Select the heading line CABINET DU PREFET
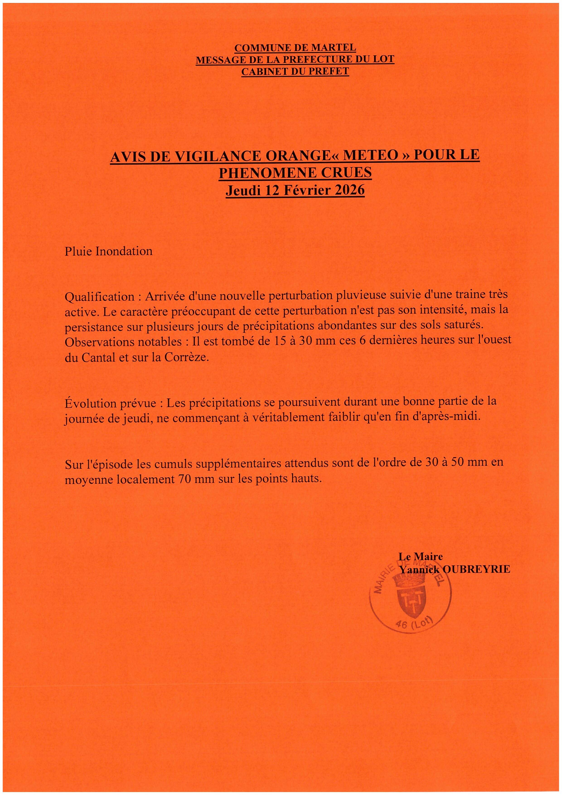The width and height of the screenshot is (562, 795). point(295,71)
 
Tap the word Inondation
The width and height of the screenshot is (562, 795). point(124,251)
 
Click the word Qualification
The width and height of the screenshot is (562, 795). point(100,297)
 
